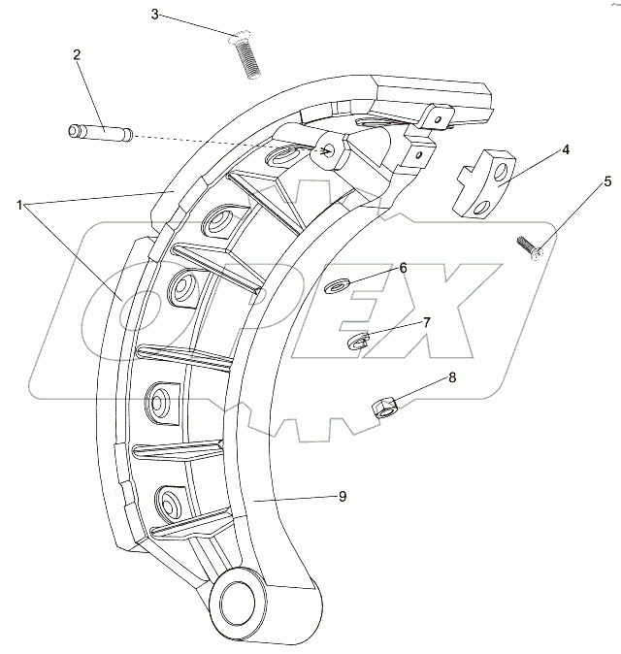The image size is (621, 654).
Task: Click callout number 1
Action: (x=18, y=205)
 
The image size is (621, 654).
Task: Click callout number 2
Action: (x=76, y=55)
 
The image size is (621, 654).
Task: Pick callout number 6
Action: (x=403, y=268)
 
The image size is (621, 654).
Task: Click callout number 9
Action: (x=343, y=496)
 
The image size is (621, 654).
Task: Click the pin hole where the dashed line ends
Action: (x=331, y=150)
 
